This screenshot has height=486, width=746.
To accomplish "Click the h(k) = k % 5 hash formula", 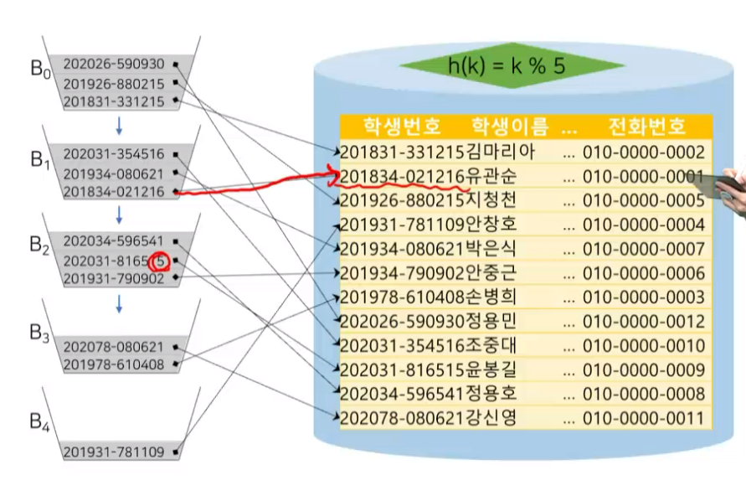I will tap(512, 68).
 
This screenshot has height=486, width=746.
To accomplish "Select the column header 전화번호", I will tap(646, 127).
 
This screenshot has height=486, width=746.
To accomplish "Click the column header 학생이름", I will tap(510, 127).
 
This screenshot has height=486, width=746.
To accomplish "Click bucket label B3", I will tap(40, 334).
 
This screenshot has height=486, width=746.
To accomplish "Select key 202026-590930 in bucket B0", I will tap(114, 64).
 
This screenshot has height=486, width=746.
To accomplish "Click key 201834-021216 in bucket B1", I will tap(114, 192).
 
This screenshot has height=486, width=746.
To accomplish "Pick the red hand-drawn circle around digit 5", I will tap(160, 261).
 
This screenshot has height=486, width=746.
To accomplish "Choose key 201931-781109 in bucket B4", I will tap(114, 452).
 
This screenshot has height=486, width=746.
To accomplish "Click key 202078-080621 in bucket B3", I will tap(114, 346).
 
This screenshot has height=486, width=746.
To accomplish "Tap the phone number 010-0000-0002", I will tap(644, 153).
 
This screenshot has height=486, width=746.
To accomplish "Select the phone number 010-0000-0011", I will tap(644, 418).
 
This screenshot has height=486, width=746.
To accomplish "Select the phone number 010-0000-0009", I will tap(644, 370).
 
